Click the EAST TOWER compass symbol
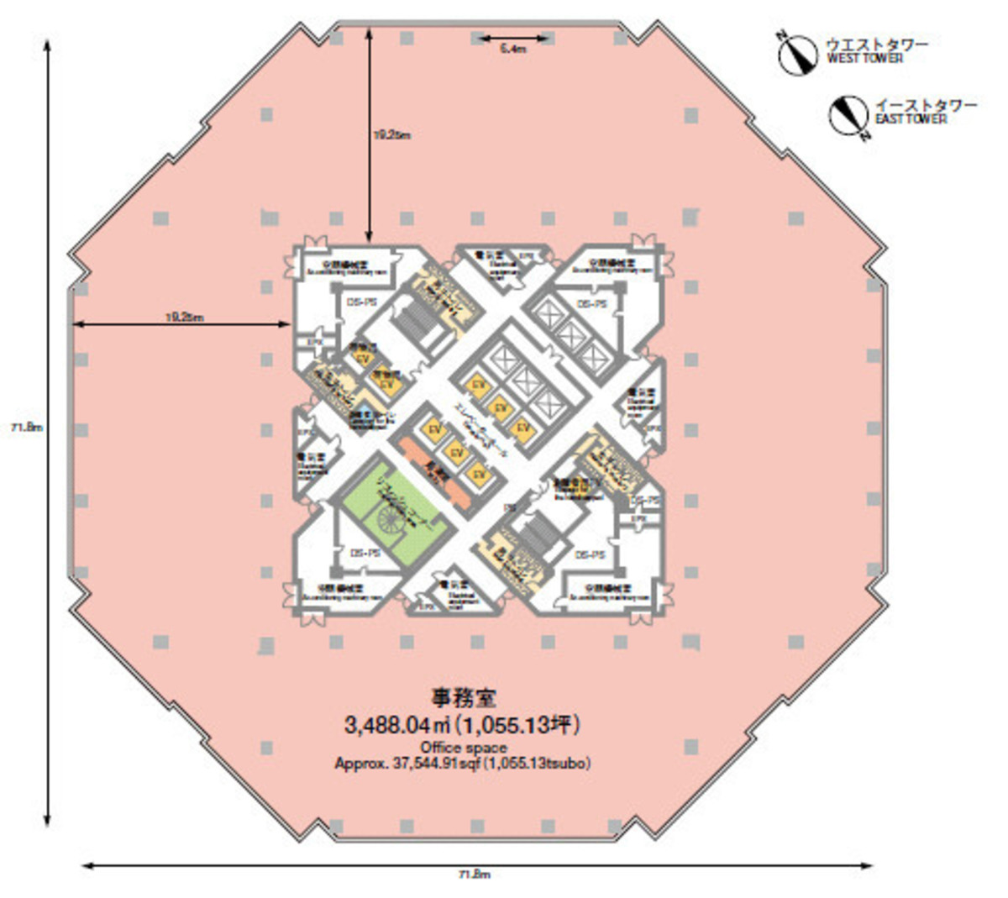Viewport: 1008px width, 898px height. click(x=848, y=116)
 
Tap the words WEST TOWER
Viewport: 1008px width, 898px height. click(x=864, y=59)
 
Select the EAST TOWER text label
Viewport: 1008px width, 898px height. click(x=911, y=119)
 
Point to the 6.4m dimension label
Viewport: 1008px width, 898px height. click(x=512, y=50)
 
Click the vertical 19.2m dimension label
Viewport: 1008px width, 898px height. click(x=391, y=134)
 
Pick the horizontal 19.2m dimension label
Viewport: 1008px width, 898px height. click(x=183, y=317)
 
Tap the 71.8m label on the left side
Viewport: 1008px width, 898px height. click(x=27, y=427)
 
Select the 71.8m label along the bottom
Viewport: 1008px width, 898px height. click(x=475, y=874)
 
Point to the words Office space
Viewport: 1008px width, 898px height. click(x=464, y=748)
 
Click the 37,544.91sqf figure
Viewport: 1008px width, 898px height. click(x=417, y=764)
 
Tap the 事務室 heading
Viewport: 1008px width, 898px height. click(x=464, y=698)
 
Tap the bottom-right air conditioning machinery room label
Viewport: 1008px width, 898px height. click(x=610, y=592)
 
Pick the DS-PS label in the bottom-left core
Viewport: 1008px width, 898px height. click(x=365, y=554)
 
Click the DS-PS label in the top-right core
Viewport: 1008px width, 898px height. click(x=591, y=303)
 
